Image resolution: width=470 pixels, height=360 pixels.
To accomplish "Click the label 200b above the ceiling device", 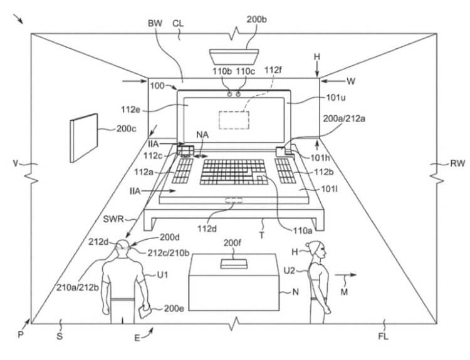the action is (x=256, y=20).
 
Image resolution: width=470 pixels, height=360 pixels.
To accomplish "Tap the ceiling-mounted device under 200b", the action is (x=234, y=57).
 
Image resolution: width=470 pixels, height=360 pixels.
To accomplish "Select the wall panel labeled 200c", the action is (x=84, y=138).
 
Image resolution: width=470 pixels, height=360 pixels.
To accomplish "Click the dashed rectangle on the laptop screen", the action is (x=234, y=120).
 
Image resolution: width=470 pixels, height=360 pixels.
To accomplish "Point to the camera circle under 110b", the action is (x=229, y=95).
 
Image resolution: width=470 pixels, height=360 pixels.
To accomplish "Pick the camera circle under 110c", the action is (x=238, y=95).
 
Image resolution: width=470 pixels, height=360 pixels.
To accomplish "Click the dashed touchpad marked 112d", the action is (x=234, y=200).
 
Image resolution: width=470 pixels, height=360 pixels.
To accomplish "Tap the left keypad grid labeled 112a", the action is (x=182, y=171).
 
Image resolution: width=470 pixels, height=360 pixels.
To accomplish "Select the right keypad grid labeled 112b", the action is (x=285, y=171).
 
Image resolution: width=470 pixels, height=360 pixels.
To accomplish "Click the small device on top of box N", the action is (x=234, y=264).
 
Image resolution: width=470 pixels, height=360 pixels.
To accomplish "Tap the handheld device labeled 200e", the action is (x=145, y=312).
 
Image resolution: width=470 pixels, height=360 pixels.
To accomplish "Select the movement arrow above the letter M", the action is (x=345, y=275).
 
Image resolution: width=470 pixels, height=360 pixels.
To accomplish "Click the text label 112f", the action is (x=273, y=70).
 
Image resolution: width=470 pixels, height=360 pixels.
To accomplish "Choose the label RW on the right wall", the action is (x=457, y=163).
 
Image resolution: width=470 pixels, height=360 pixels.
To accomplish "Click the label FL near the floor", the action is (x=384, y=337).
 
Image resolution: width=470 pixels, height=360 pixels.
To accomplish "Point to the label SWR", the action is (x=113, y=219).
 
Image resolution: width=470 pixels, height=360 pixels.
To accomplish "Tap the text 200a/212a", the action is (x=344, y=118).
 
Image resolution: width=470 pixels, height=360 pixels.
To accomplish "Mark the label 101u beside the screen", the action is (x=336, y=98).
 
